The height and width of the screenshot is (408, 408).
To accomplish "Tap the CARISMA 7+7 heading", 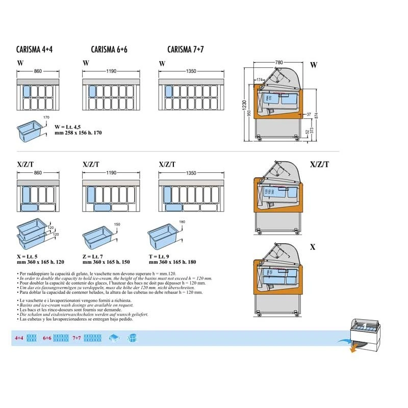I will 186,50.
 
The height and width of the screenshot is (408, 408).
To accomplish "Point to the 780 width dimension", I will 278,62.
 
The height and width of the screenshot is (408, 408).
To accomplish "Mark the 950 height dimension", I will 250,115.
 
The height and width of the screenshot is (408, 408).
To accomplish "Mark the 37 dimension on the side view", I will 309,114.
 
